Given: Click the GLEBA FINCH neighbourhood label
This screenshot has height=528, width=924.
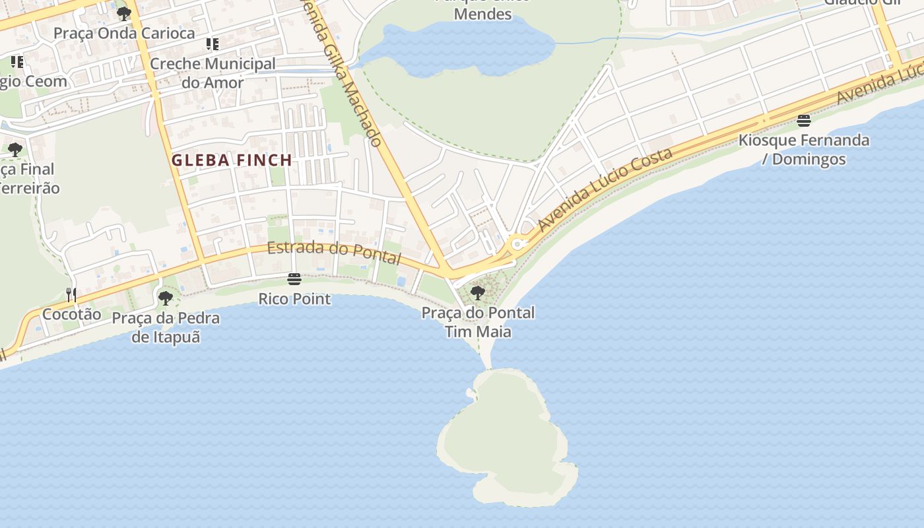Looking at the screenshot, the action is (x=232, y=160).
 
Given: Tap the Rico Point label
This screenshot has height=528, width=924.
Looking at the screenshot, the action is (x=294, y=299).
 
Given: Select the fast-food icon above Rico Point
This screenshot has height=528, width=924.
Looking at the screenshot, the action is (x=294, y=279).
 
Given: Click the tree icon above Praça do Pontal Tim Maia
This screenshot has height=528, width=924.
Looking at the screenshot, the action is (x=478, y=292).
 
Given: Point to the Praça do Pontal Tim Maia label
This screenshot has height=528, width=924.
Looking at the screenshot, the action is (x=478, y=321).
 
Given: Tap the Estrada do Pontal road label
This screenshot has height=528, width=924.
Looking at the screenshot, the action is (x=334, y=252).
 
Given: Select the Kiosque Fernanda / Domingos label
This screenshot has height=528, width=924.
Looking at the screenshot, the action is (x=803, y=150).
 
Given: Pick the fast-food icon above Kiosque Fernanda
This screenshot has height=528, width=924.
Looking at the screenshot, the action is (x=803, y=120).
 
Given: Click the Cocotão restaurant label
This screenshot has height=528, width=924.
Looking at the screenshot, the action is (x=71, y=314).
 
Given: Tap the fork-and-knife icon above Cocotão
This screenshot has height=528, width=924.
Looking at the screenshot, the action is (x=71, y=294).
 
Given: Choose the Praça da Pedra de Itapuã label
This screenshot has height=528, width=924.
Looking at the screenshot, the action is (x=166, y=327).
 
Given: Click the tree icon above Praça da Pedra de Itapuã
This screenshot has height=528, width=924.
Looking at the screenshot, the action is (x=166, y=298).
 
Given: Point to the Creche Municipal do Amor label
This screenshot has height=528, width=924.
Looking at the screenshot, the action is (x=213, y=73).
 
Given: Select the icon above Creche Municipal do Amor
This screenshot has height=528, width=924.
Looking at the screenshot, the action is (x=212, y=44).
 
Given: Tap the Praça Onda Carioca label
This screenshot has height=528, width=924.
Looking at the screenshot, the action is (x=124, y=33).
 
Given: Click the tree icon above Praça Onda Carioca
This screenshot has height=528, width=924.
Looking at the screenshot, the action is (x=123, y=13).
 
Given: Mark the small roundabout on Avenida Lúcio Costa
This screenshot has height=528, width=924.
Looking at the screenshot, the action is (x=517, y=244).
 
